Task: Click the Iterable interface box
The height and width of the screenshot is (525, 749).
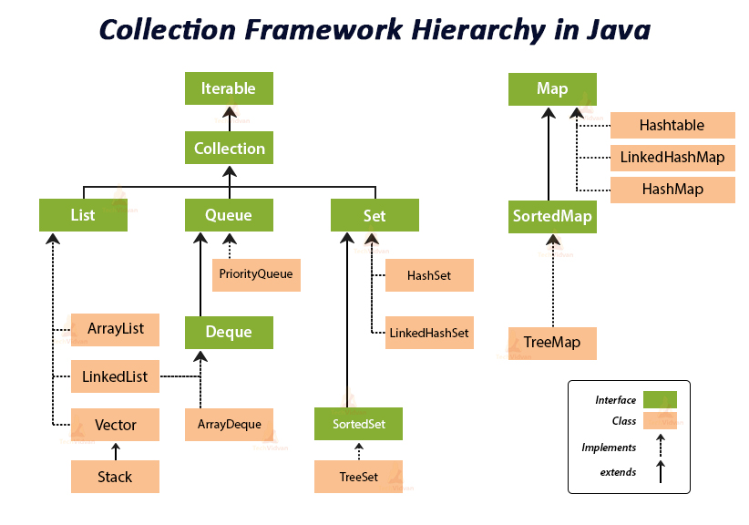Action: [229, 89]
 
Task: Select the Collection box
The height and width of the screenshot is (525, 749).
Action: [229, 148]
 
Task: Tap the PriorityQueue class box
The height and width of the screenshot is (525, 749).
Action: [257, 273]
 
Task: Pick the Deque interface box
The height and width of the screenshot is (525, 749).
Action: [229, 332]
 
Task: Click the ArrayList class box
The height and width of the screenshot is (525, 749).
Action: [116, 328]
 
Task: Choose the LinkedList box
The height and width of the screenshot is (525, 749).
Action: [116, 376]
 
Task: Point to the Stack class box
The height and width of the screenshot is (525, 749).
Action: [116, 476]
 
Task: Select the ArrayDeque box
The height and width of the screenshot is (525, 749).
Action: [229, 424]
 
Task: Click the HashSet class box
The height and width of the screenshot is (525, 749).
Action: [429, 274]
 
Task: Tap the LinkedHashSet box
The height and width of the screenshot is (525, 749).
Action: [429, 333]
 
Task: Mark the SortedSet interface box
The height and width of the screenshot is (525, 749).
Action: [358, 424]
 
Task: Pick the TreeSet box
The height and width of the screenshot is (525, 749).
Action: [358, 476]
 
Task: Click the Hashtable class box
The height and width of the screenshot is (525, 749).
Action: [672, 125]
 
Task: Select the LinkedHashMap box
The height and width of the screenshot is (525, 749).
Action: [672, 157]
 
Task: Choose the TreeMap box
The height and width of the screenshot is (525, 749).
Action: [552, 344]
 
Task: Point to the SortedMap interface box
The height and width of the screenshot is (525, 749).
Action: [552, 216]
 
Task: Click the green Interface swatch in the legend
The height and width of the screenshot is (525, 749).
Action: [660, 399]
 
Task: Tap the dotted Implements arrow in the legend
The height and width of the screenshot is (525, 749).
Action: [660, 446]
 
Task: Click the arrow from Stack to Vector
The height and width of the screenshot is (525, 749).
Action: [116, 450]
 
